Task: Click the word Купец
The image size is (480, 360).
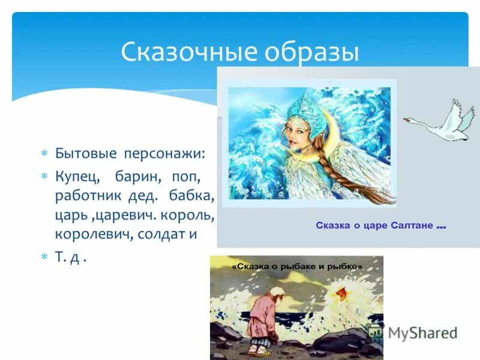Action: [x=76, y=178]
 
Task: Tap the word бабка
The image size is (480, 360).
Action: [x=193, y=197]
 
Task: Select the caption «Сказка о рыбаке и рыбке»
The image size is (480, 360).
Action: [x=297, y=265]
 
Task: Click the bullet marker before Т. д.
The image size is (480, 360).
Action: [x=43, y=256]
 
